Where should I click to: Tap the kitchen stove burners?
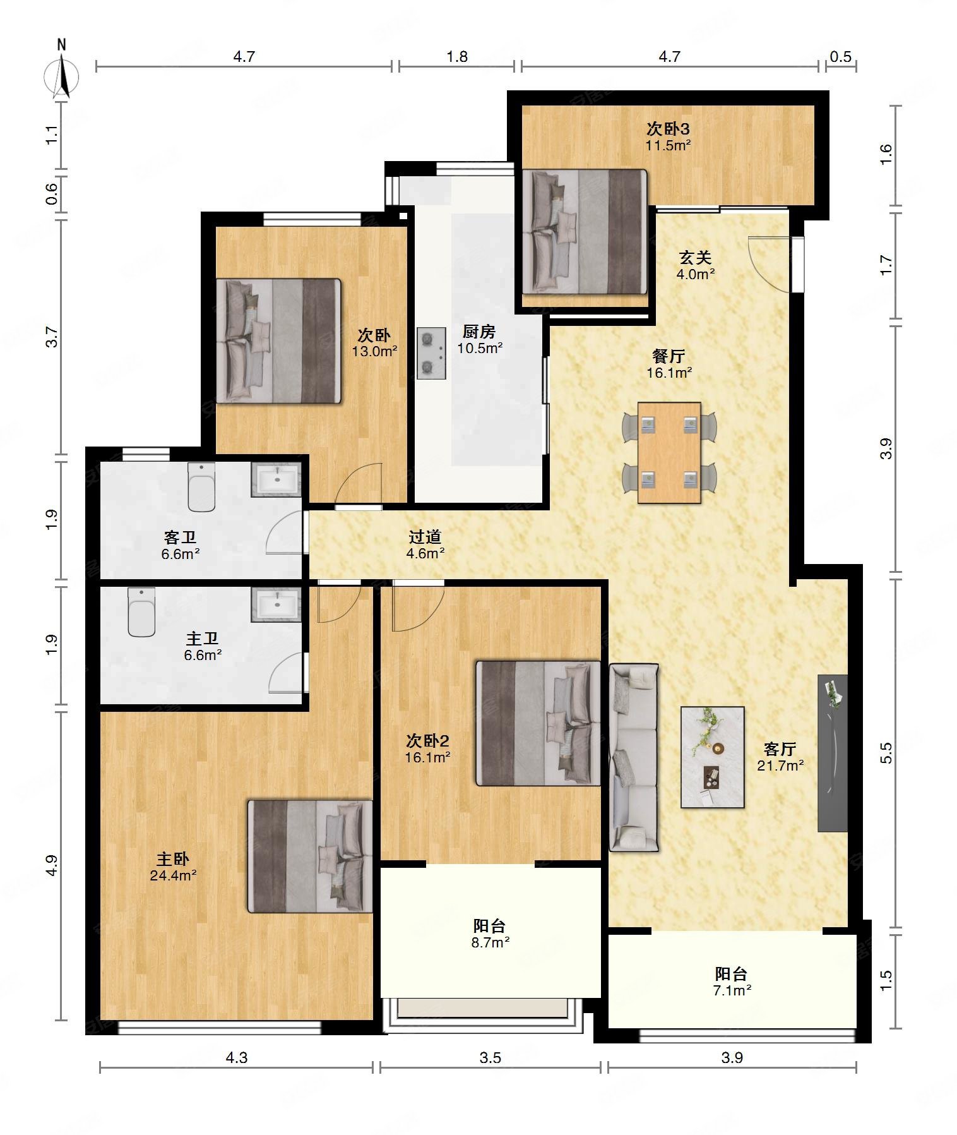click(431, 353)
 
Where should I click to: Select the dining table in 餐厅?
click(669, 452)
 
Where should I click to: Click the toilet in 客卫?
click(201, 487)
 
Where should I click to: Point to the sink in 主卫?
click(276, 604)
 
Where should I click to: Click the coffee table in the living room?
click(712, 757)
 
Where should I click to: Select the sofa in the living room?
click(634, 757)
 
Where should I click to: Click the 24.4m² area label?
click(173, 875)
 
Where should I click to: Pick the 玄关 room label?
click(695, 257)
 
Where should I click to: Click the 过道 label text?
click(425, 537)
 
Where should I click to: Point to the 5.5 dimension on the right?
click(886, 752)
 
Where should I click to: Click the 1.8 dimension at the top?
click(457, 57)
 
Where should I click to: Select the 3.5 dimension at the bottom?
click(490, 1057)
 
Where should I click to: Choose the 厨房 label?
click(479, 331)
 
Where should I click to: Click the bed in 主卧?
click(310, 856)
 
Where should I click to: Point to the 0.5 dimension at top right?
click(840, 57)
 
